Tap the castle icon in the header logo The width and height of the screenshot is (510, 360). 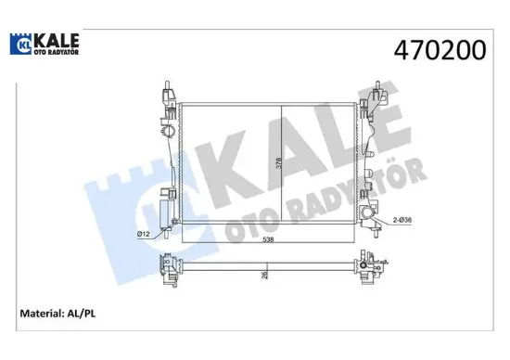[x=20, y=45]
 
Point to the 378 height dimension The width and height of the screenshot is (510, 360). [x=279, y=165]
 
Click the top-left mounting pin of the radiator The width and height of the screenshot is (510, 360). [x=160, y=84]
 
